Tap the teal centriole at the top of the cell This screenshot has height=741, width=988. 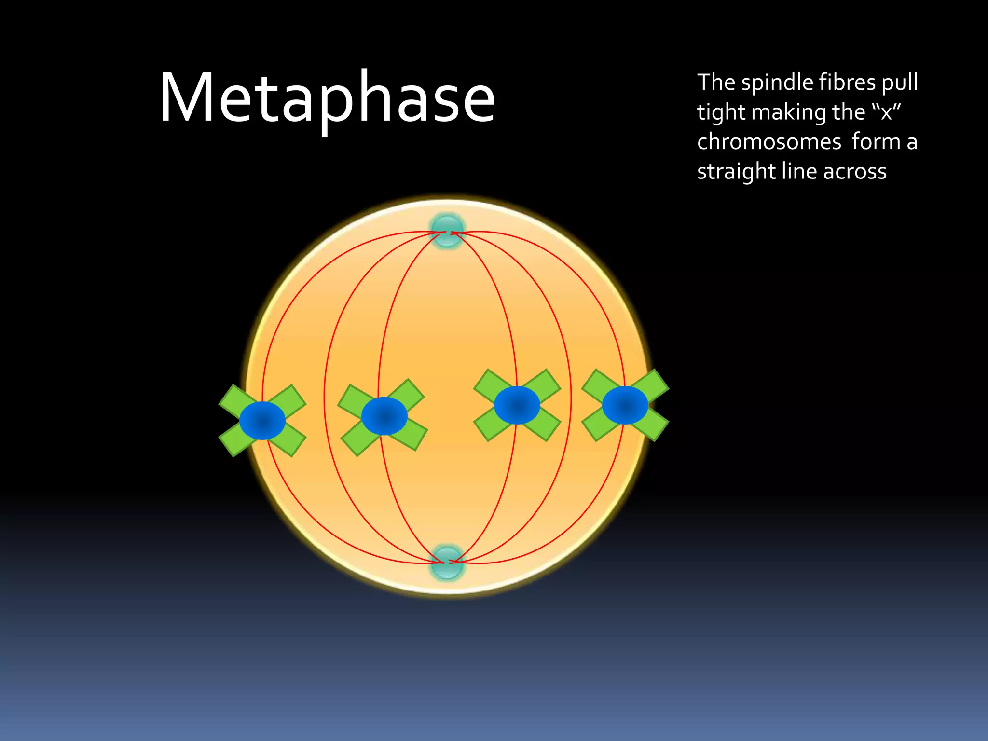coord(447,231)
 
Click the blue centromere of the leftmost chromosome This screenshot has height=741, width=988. coord(262,421)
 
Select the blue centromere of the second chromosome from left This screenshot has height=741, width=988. coord(384,416)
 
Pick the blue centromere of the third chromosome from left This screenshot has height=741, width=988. coord(517,405)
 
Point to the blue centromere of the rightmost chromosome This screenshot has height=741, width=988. coord(625,405)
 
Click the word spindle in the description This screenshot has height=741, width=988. coord(777,83)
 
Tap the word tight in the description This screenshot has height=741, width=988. coord(721,113)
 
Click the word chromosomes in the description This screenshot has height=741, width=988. coord(769,142)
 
